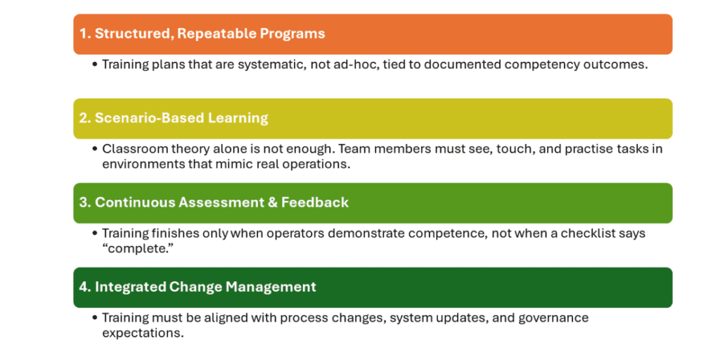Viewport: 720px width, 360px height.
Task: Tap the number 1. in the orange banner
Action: pos(84,34)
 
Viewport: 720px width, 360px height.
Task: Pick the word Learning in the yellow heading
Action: pos(238,118)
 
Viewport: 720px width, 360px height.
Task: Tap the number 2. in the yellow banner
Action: pos(85,118)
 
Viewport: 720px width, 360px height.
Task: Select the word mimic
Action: pos(243,164)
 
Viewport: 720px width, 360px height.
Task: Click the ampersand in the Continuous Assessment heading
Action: pos(272,202)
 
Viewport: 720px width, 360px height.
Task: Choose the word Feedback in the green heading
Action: pos(315,202)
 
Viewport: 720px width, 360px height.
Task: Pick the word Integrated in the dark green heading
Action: pos(130,287)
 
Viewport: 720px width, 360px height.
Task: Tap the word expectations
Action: pos(142,333)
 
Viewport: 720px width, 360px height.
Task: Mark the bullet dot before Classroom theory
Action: pos(95,149)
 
